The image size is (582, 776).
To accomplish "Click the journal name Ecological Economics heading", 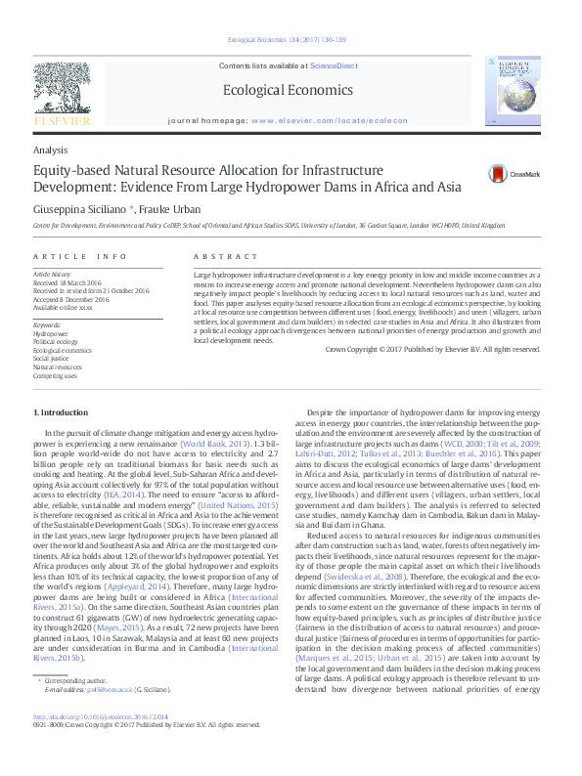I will click(288, 90).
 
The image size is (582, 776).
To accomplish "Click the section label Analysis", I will click(51, 150).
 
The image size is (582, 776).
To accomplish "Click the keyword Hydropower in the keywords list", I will click(50, 333).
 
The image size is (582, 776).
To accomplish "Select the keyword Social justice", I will click(52, 357).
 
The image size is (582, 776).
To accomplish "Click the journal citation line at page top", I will click(287, 40).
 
